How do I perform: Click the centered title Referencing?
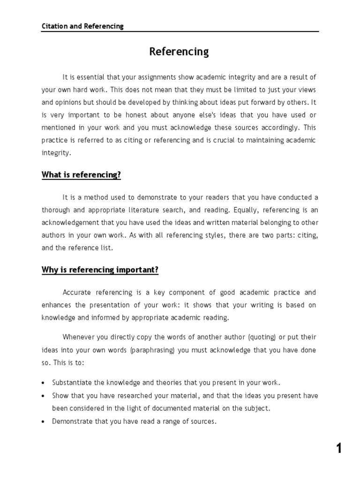[x=179, y=52]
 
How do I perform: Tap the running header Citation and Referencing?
[x=82, y=26]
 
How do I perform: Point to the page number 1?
[x=339, y=449]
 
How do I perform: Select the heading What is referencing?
[x=81, y=175]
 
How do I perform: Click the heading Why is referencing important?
[x=100, y=270]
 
